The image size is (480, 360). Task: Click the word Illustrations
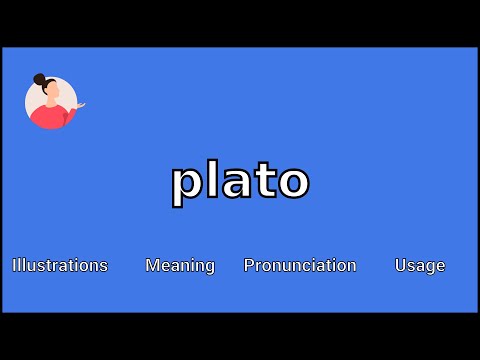click(60, 265)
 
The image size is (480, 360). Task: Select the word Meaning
click(180, 265)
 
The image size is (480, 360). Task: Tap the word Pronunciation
click(300, 265)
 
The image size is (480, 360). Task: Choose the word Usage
click(420, 265)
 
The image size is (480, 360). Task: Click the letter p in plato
click(186, 184)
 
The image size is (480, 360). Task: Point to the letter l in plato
click(211, 179)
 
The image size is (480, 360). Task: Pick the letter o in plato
click(290, 183)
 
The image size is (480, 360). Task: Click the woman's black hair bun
click(40, 79)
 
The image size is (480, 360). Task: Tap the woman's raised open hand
click(80, 103)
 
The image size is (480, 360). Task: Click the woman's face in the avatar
click(51, 93)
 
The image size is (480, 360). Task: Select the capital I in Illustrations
click(14, 265)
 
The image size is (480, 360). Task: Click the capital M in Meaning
click(152, 265)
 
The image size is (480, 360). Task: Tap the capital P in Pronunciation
click(249, 265)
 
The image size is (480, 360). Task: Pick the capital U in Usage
click(400, 265)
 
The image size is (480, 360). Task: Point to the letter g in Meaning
click(209, 268)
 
